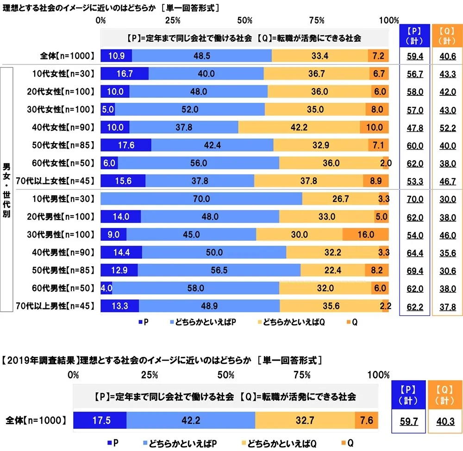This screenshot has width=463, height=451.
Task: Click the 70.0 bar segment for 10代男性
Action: tap(201, 199)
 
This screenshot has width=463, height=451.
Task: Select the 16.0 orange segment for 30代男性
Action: tap(365, 235)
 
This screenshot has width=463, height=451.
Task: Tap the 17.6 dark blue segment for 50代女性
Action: tap(125, 145)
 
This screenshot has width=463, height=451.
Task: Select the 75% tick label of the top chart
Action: tap(317, 20)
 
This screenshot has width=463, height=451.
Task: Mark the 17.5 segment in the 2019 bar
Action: tap(100, 421)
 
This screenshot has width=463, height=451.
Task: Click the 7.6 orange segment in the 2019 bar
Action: tap(366, 421)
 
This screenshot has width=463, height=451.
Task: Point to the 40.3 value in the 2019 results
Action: tap(444, 421)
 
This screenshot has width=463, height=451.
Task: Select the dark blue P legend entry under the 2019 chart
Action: tap(114, 443)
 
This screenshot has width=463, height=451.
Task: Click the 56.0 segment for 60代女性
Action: tap(198, 163)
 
